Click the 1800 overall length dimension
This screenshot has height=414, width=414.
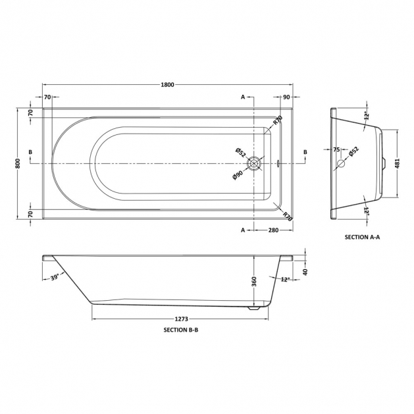167,84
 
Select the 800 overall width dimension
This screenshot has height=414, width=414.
18,164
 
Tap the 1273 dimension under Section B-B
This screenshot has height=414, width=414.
182,319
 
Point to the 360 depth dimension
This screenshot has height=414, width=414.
254,282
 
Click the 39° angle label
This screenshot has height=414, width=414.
55,278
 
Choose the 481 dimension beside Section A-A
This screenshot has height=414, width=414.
398,164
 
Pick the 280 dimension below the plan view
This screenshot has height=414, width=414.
273,230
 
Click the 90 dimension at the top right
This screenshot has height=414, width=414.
286,97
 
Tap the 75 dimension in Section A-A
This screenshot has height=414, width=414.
336,149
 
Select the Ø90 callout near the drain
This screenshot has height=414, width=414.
238,175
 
